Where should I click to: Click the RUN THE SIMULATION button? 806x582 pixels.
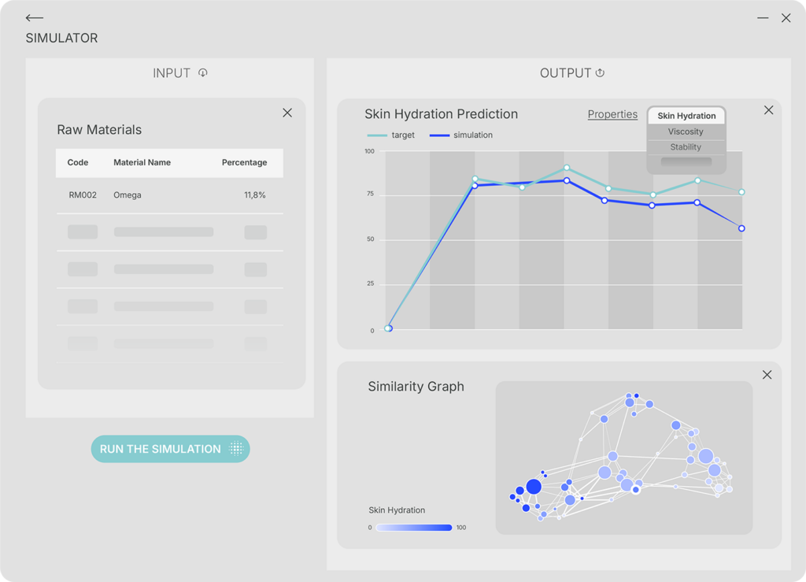[x=170, y=449]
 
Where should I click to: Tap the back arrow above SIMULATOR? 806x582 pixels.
[x=34, y=18]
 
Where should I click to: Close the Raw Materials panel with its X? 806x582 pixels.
[x=287, y=113]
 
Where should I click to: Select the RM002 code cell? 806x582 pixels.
[x=83, y=195]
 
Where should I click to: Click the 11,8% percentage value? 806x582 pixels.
[x=255, y=195]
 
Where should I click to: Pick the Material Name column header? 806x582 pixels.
[x=142, y=162]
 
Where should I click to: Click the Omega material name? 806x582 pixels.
[x=128, y=195]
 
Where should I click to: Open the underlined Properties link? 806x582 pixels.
[x=612, y=114]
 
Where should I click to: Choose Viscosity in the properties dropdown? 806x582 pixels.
[x=686, y=132]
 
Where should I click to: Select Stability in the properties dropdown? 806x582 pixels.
[x=686, y=147]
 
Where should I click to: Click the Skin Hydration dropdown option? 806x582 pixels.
[x=686, y=116]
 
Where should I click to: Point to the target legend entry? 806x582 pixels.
[x=391, y=135]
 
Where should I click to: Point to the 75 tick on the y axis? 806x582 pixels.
[x=370, y=195]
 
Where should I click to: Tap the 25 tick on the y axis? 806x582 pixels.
[x=370, y=284]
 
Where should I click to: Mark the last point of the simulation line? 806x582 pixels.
[x=741, y=228]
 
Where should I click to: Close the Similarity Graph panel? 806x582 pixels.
[x=767, y=375]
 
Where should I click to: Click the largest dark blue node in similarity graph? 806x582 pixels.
[x=534, y=487]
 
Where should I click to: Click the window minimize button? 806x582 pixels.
[x=763, y=18]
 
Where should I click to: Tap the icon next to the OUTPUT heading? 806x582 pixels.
[x=600, y=73]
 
